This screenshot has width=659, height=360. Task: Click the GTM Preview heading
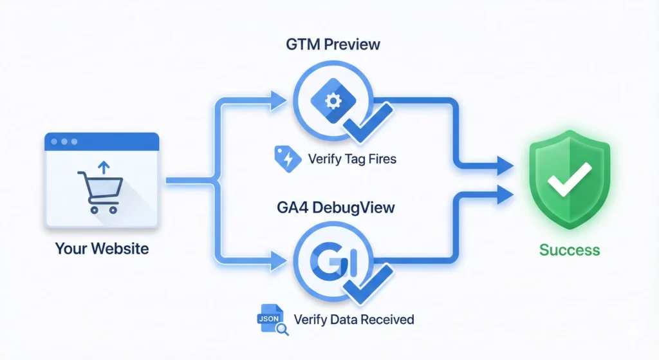[334, 45]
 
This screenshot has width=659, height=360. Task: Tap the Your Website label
[102, 248]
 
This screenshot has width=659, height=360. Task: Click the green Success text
[570, 250]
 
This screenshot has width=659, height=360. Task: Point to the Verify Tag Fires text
[352, 158]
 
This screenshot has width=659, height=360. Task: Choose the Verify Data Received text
[353, 319]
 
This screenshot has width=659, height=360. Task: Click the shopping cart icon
[97, 191]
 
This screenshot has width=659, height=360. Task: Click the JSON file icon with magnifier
[270, 318]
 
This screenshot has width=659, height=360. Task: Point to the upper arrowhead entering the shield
[505, 167]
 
